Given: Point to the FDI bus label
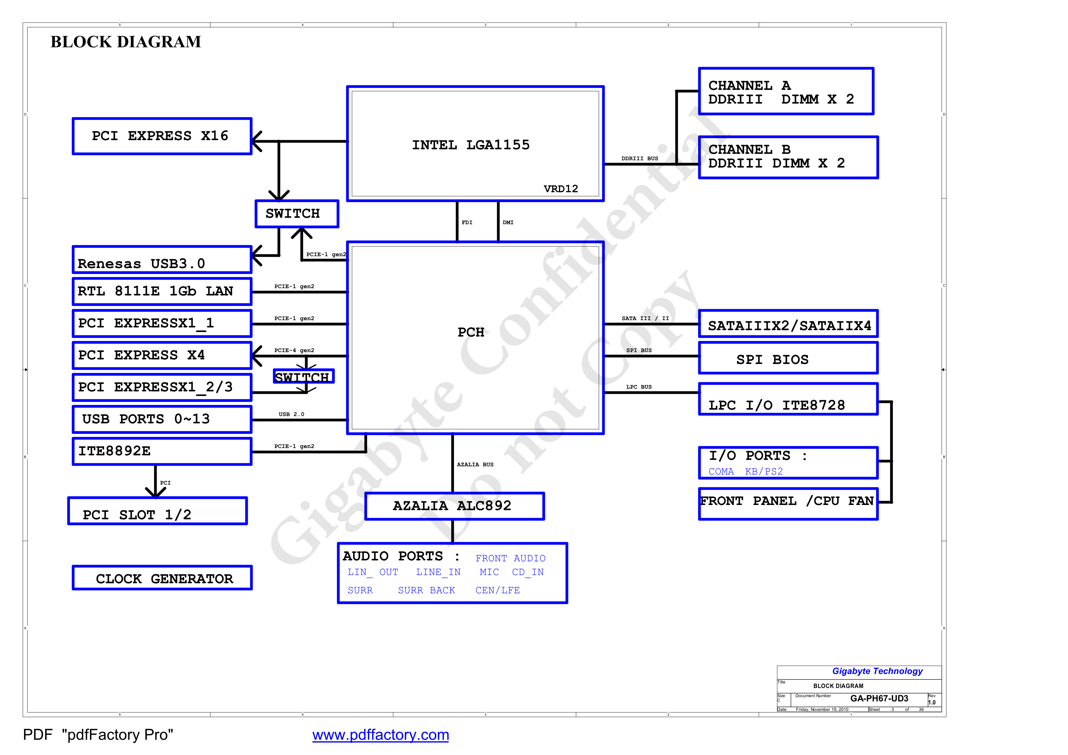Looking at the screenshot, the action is [467, 223].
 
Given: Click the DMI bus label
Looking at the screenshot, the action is [508, 223].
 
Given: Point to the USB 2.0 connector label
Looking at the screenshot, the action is [292, 414].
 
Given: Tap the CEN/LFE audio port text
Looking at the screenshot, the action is [498, 591].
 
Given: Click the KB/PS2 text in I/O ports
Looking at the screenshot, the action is [764, 471].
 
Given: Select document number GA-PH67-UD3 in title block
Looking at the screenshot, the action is [879, 698].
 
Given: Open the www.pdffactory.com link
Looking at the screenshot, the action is [380, 735].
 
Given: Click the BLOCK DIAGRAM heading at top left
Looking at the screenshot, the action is [126, 42].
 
